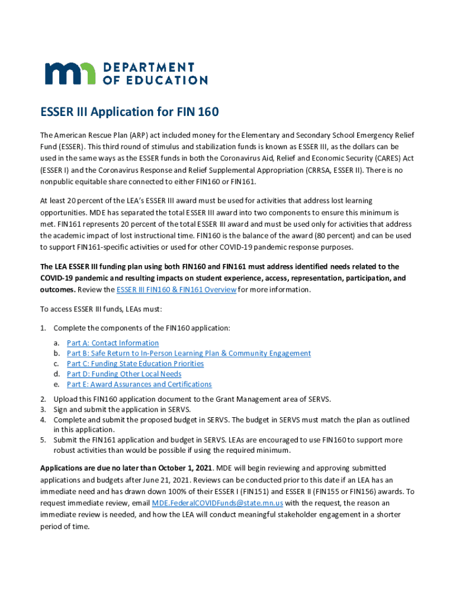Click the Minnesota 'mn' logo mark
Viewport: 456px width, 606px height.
70,73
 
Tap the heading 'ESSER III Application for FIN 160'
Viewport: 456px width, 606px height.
130,112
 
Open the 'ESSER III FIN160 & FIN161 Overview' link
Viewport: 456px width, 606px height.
176,289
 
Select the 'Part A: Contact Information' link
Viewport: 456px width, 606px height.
113,343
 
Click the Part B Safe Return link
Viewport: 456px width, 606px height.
188,353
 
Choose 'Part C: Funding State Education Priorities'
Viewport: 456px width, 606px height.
135,364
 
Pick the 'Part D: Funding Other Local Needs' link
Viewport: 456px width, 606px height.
124,374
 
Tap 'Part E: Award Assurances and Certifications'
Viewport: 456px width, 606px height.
139,385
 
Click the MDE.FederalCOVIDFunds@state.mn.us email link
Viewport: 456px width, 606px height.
217,503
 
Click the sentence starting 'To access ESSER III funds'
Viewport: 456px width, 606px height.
101,309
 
